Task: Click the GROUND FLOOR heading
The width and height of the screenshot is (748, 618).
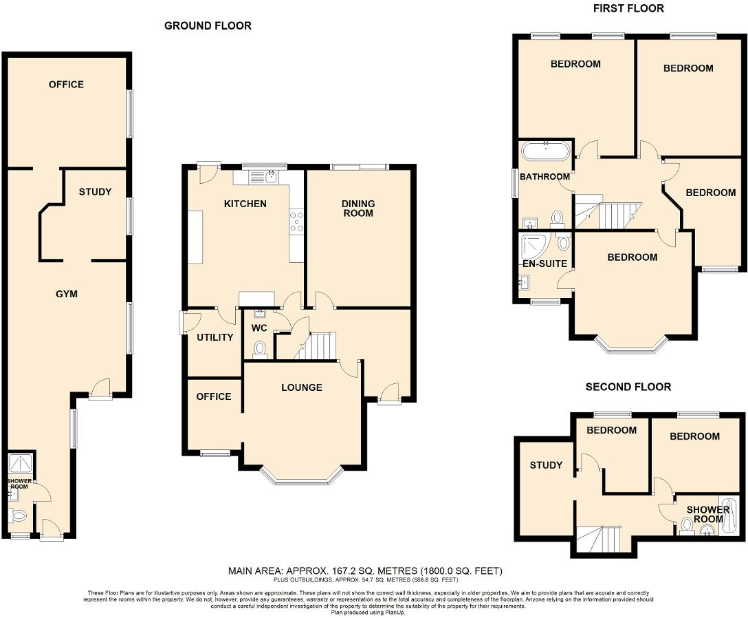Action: pos(208,26)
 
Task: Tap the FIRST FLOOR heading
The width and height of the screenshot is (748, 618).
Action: pos(628,8)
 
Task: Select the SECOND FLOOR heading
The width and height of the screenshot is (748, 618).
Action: pos(628,387)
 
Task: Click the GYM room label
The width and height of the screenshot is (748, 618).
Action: pos(67,294)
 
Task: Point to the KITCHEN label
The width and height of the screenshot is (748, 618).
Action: pos(245,204)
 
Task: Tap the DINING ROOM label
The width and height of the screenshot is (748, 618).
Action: pos(358,208)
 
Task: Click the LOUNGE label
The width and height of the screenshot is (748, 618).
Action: pos(301,387)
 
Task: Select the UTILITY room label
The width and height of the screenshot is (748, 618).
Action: pos(215,337)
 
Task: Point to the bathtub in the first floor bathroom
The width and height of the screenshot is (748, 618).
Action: pos(545,151)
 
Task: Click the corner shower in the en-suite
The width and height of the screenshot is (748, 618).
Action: pos(533,245)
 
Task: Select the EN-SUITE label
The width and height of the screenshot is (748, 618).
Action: pos(544,264)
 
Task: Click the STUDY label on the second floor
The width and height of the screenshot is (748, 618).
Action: pos(546,465)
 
